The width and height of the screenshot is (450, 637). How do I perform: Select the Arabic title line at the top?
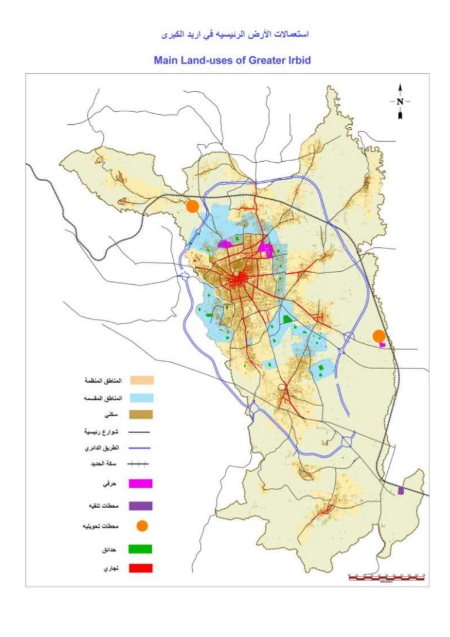click(x=234, y=35)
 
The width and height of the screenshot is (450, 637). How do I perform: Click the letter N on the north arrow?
click(x=400, y=101)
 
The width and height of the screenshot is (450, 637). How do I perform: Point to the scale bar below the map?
click(x=386, y=577)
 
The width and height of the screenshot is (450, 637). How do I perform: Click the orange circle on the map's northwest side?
click(x=192, y=206)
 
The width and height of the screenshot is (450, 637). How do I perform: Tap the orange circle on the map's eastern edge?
click(x=379, y=336)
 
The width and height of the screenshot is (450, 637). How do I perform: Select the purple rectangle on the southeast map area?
click(x=401, y=490)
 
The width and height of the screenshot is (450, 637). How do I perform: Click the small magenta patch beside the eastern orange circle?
click(x=383, y=345)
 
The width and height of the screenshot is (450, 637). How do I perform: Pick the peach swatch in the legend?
click(x=141, y=381)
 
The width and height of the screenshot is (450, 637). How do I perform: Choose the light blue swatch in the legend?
click(x=141, y=398)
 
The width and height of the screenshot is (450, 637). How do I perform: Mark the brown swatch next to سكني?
click(x=141, y=415)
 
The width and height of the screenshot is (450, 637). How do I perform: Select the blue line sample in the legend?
click(x=140, y=448)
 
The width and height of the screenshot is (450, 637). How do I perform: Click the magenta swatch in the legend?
click(x=141, y=484)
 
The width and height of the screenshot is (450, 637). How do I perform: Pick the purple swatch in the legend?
click(x=141, y=505)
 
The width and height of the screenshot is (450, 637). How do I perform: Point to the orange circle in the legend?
click(x=141, y=526)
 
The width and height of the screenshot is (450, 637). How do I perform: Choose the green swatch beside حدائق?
click(x=141, y=549)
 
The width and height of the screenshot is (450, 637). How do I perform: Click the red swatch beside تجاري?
click(x=141, y=568)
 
